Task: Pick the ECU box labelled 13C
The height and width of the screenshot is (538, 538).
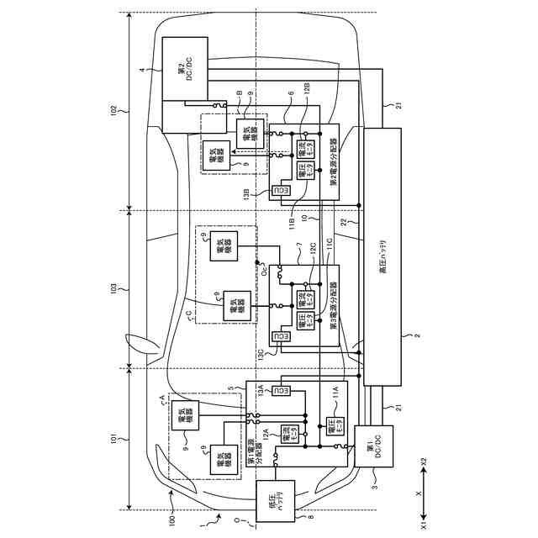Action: [x=283, y=336]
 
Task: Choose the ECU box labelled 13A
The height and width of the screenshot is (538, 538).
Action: [x=283, y=392]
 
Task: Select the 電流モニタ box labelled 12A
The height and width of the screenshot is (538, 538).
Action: [x=293, y=435]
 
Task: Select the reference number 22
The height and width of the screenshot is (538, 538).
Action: [x=344, y=220]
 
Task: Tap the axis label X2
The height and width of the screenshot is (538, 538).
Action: [x=424, y=460]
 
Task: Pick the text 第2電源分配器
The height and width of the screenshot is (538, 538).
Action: [x=334, y=161]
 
